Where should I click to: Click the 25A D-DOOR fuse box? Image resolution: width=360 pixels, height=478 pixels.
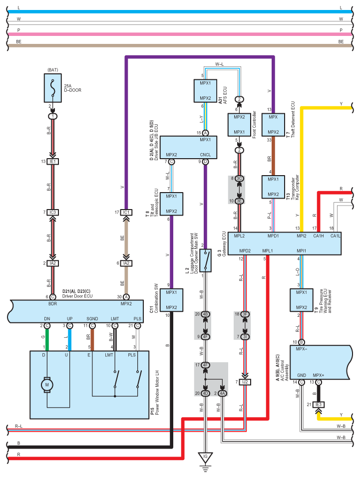53,88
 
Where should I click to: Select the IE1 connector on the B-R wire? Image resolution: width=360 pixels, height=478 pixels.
53,162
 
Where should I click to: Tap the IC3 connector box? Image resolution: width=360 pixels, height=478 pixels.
53,212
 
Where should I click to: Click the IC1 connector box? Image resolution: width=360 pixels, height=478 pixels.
126,212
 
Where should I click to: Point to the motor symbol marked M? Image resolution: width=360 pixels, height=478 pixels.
47,385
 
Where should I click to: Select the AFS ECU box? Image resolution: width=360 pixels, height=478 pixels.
205,91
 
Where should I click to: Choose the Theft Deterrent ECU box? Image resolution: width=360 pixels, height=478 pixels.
273,125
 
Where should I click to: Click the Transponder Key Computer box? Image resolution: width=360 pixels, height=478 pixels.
273,187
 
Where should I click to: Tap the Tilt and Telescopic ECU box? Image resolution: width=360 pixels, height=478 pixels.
171,204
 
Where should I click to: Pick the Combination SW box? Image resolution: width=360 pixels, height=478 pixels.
171,300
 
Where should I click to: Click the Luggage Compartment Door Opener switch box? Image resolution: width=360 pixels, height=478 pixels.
205,260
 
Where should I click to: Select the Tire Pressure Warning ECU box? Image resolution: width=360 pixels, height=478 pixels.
302,300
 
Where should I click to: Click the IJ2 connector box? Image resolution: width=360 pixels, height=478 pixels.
245,382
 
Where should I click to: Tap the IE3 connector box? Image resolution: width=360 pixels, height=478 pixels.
319,405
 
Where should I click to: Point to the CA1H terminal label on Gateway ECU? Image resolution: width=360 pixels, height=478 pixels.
319,236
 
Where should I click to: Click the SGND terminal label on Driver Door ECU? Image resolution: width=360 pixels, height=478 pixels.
92,318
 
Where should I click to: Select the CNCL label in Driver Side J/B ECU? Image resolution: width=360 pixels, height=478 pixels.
205,155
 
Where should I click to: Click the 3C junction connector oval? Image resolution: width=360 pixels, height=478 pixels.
240,178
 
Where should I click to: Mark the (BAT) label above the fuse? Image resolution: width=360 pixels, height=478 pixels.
53,70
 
